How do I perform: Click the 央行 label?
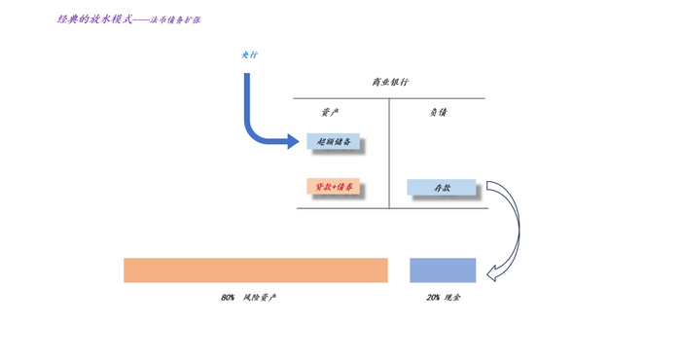250,54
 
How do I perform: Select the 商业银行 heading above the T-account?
389,83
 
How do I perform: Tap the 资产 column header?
330,113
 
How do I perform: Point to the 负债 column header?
438,113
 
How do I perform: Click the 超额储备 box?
334,142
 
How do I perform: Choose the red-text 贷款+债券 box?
334,187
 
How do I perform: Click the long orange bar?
255,270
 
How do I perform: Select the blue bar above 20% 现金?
443,270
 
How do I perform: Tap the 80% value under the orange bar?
228,298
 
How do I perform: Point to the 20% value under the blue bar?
432,298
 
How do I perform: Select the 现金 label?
452,298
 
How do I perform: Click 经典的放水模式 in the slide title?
94,18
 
